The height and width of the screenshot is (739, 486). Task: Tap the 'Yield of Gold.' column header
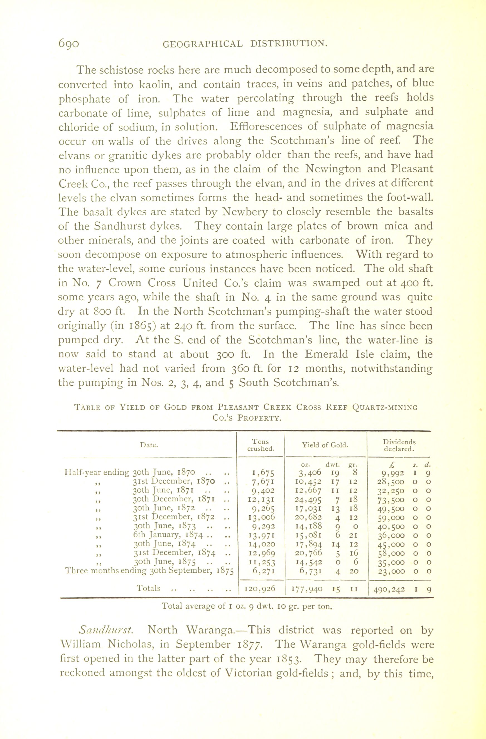325,445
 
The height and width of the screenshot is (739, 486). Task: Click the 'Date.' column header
149,445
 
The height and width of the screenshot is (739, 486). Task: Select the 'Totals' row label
149,588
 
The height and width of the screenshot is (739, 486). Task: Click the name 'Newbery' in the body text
245,212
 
